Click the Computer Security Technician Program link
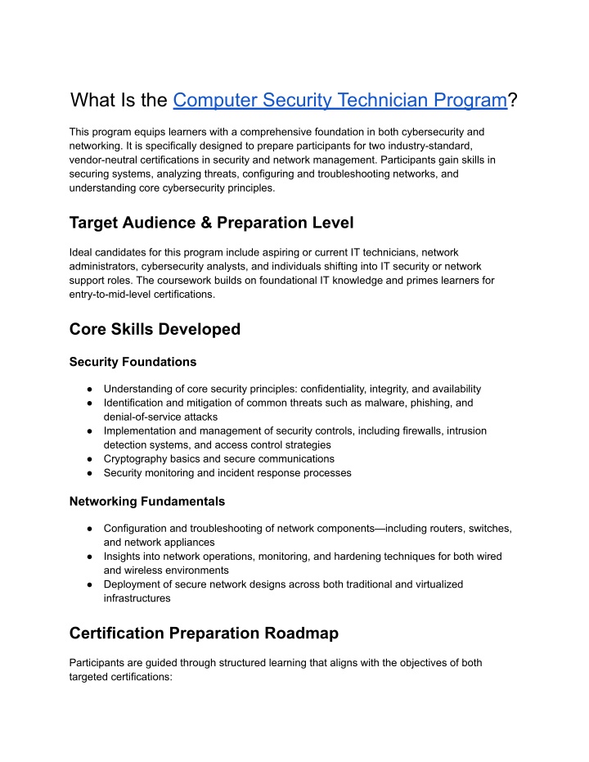tap(340, 100)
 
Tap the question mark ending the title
tap(512, 100)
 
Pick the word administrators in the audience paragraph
tap(108, 266)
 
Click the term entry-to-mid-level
tap(119, 294)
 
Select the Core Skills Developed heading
tap(155, 329)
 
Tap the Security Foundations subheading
tap(133, 361)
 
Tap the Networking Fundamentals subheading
tap(147, 501)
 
